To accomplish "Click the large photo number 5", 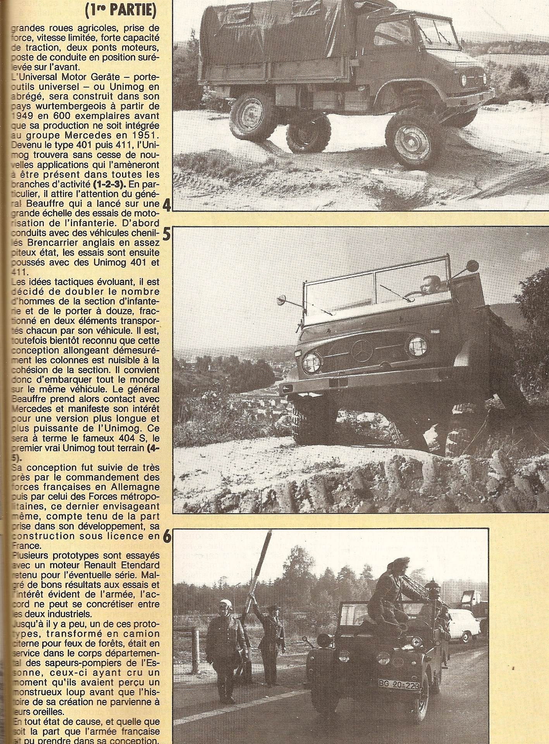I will [x=167, y=235].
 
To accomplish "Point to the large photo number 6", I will [x=167, y=538].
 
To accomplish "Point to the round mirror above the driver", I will [x=473, y=267].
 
